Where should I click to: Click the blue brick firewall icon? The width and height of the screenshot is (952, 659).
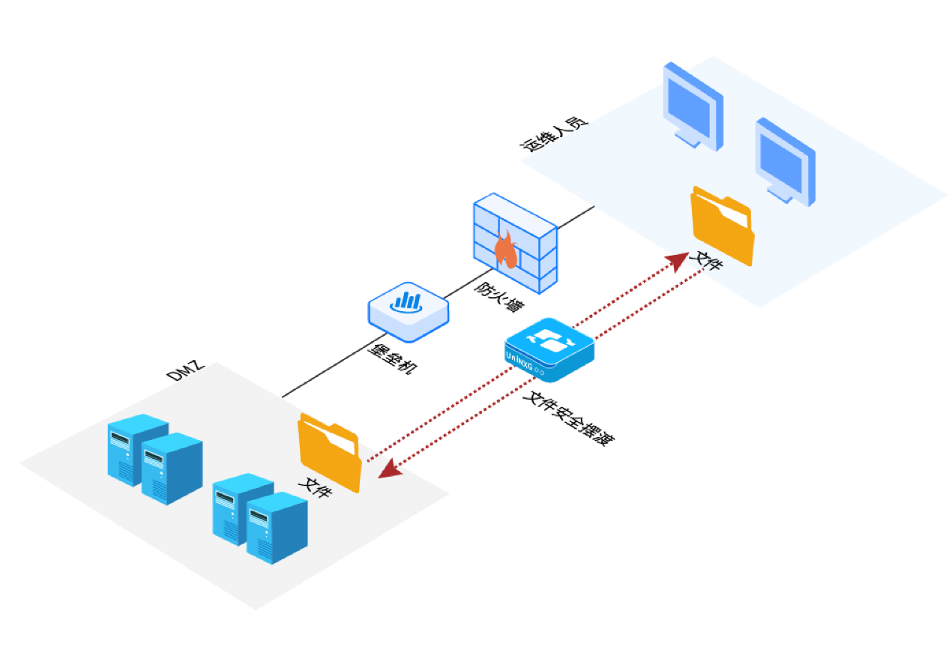tap(515, 241)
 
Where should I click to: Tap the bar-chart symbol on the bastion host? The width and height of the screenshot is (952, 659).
tap(408, 301)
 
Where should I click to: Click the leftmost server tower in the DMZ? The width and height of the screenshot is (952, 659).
tap(136, 450)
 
